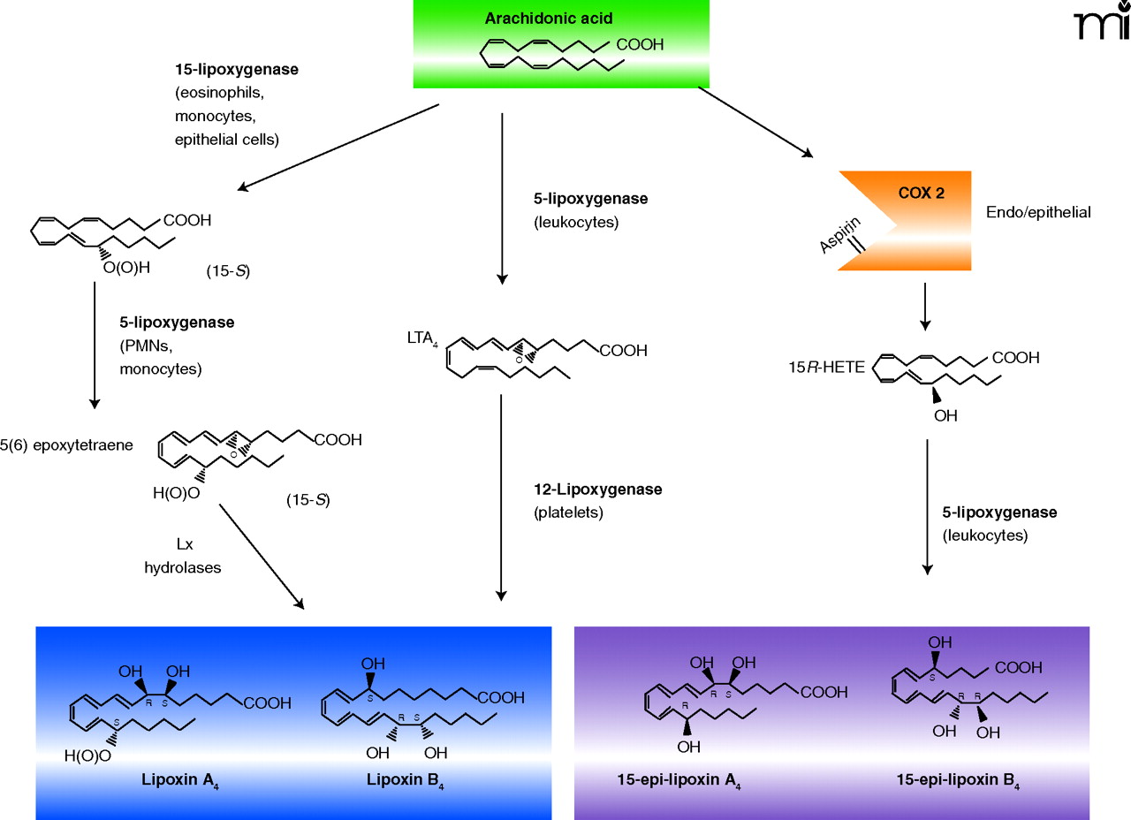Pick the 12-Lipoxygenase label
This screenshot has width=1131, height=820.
coord(597,489)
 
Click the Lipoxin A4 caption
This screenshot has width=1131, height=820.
coord(179,781)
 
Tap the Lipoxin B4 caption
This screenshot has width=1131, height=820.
coord(406,781)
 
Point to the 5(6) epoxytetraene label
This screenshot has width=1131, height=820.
coord(66,445)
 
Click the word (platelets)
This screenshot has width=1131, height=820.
coord(569,512)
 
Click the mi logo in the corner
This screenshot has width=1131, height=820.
coord(1101,25)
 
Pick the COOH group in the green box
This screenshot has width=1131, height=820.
coord(640,44)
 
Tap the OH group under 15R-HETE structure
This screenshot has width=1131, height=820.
coord(945,414)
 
